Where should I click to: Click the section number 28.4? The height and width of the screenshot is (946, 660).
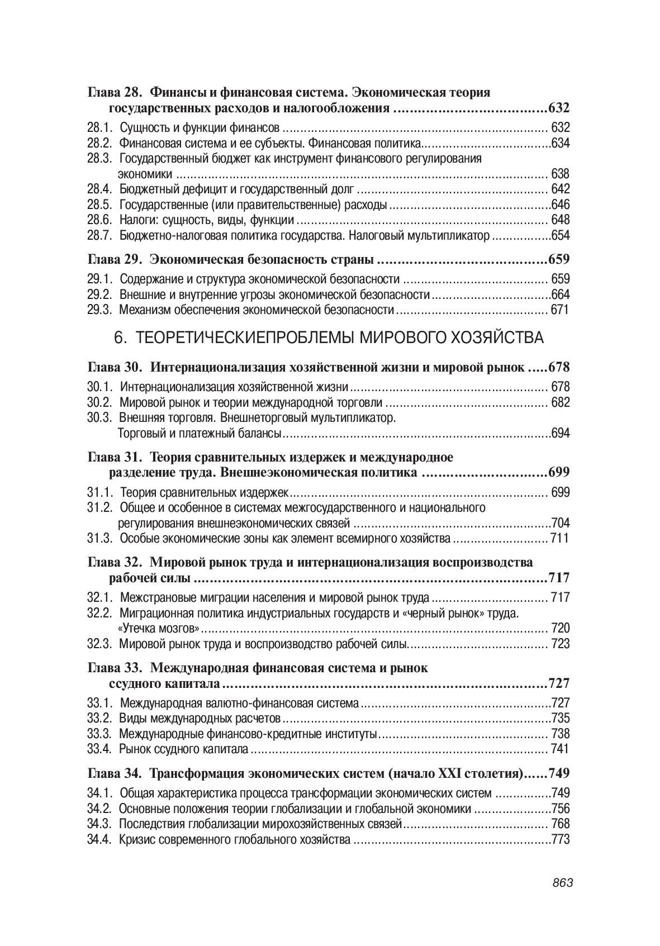(100, 189)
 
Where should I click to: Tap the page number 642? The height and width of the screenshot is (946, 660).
(560, 189)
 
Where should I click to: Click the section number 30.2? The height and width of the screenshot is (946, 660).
(100, 402)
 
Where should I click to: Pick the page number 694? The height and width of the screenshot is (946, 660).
(560, 433)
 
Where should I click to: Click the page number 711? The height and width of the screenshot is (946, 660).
(559, 539)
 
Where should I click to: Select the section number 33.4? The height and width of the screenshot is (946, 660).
(100, 749)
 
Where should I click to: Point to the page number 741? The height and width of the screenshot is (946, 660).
(560, 749)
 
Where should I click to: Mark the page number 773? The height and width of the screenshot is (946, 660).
(560, 839)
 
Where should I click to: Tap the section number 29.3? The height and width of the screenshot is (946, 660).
(100, 310)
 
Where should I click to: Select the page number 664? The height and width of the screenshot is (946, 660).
(560, 294)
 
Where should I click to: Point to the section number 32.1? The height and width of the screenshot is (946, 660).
(100, 597)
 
